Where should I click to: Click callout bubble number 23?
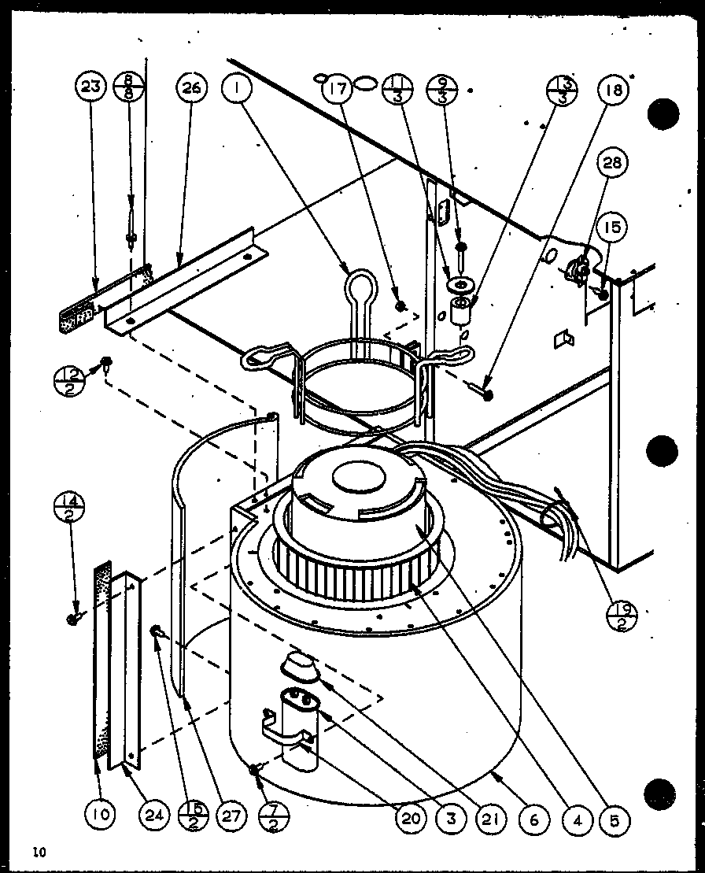pos(92,87)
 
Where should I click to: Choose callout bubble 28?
pos(613,165)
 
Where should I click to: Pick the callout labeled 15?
pos(613,228)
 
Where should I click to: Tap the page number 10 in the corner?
pos(39,851)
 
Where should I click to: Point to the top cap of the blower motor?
pos(356,478)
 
